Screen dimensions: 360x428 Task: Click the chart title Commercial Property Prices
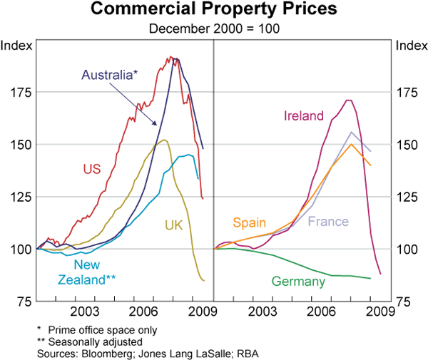[214, 10]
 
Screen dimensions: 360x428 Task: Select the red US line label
[91, 170]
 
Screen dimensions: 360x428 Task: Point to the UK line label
[174, 225]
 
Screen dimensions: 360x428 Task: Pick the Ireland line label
[303, 115]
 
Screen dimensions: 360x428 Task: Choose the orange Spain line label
[249, 222]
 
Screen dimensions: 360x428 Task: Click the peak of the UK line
[165, 140]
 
